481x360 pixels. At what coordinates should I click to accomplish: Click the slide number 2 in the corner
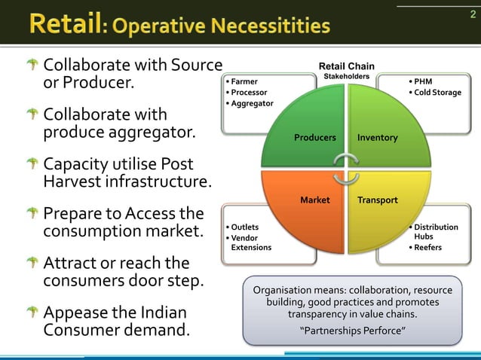(x=464, y=14)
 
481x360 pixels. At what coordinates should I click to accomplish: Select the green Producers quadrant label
(x=314, y=138)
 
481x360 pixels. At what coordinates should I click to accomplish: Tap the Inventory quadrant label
(x=378, y=138)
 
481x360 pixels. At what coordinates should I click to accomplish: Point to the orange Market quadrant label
(x=315, y=200)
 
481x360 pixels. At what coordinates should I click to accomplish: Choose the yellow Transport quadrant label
(x=378, y=200)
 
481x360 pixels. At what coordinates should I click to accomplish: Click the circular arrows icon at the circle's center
(x=346, y=169)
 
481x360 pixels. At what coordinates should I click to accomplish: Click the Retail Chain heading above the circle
(x=346, y=66)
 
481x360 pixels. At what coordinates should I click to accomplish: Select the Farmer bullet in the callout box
(x=244, y=81)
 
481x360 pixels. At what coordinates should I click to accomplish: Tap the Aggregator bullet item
(x=253, y=103)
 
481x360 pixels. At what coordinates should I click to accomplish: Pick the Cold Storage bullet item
(x=437, y=93)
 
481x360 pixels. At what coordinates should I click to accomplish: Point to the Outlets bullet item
(x=245, y=227)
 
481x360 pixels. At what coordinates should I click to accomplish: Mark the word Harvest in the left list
(x=75, y=182)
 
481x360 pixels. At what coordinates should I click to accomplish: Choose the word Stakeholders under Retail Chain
(x=346, y=77)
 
